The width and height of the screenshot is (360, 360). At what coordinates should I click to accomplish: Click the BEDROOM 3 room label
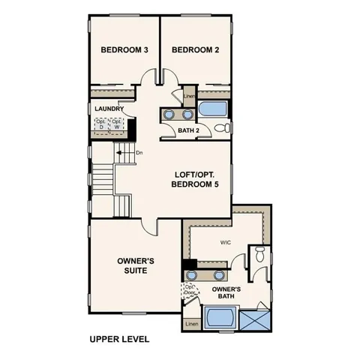(x=124, y=50)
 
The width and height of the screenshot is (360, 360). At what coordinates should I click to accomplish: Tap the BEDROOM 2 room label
(x=195, y=50)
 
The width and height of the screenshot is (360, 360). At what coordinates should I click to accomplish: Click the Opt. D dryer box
(x=100, y=124)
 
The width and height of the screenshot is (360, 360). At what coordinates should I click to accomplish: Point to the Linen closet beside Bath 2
(x=189, y=96)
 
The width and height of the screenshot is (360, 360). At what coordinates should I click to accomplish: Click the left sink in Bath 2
(x=169, y=115)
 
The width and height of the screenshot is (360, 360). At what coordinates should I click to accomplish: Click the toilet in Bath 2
(x=222, y=129)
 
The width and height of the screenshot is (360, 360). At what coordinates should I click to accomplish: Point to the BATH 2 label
(x=189, y=130)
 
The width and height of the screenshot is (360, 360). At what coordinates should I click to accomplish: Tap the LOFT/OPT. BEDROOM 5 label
(x=195, y=178)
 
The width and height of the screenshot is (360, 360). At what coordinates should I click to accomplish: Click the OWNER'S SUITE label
(x=136, y=265)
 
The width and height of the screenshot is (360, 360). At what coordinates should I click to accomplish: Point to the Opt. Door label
(x=190, y=289)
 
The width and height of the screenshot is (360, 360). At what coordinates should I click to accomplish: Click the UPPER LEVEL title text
(x=119, y=339)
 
